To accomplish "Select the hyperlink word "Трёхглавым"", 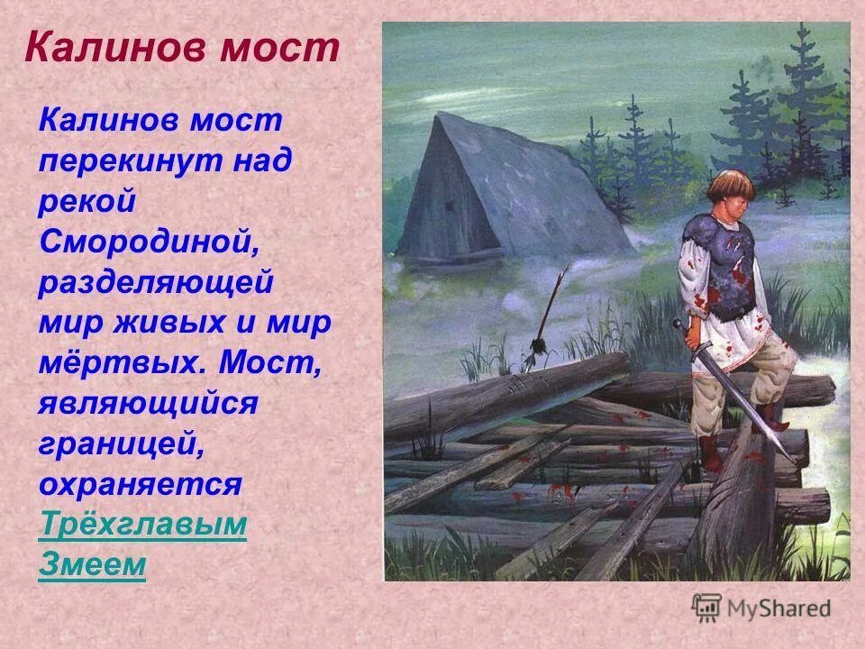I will point(142,525).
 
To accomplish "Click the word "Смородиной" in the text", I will point(143,242).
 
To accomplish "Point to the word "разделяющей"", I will point(155,282).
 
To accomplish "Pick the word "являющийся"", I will point(148,404).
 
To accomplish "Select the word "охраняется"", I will point(140,484).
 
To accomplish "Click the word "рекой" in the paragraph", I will point(86,202).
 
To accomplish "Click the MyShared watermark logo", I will point(761,607).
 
